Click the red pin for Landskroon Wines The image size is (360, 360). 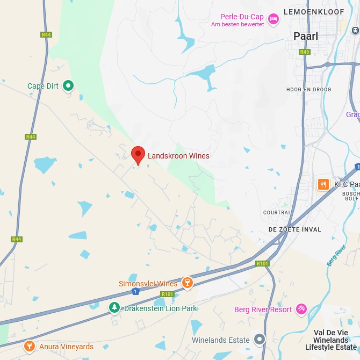pyautogui.click(x=138, y=155)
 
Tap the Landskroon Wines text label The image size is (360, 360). pyautogui.click(x=179, y=156)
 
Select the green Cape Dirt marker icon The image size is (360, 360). pyautogui.click(x=68, y=85)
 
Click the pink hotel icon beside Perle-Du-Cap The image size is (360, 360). pyautogui.click(x=273, y=19)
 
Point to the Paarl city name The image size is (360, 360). pyautogui.click(x=306, y=37)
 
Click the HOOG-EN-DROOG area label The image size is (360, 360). pyautogui.click(x=308, y=89)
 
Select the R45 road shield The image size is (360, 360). pyautogui.click(x=305, y=52)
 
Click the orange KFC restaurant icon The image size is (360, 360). pyautogui.click(x=323, y=184)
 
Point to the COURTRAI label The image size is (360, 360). pyautogui.click(x=277, y=212)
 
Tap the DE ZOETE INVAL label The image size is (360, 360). pyautogui.click(x=295, y=229)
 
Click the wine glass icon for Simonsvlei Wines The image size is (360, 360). pyautogui.click(x=187, y=283)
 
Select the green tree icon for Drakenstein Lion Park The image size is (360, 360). pyautogui.click(x=114, y=308)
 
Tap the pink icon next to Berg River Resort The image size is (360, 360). pyautogui.click(x=301, y=309)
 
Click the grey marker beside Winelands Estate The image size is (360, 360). pyautogui.click(x=260, y=339)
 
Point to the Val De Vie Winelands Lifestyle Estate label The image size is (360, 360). pyautogui.click(x=330, y=340)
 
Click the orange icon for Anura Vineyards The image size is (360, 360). pyautogui.click(x=30, y=347)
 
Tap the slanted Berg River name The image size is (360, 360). pyautogui.click(x=336, y=256)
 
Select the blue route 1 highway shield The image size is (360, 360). pyautogui.click(x=135, y=291)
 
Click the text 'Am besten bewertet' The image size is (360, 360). pyautogui.click(x=237, y=25)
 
